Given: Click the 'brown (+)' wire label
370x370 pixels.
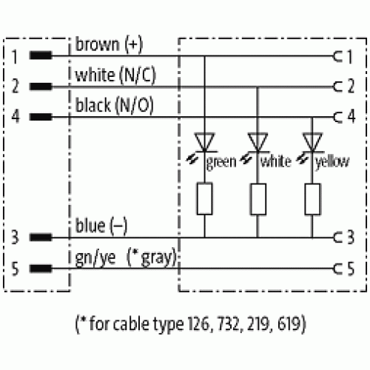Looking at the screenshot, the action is point(109,44).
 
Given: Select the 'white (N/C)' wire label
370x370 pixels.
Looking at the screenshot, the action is point(115,75).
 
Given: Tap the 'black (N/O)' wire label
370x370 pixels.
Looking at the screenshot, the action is point(114,105).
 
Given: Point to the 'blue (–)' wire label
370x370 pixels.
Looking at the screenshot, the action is point(101,226).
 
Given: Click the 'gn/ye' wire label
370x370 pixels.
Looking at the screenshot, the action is point(95,258).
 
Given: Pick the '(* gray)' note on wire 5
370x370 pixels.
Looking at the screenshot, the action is point(152,258).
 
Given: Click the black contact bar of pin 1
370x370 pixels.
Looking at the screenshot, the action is point(41,55).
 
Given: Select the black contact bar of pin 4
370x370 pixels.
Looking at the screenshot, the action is point(41,117).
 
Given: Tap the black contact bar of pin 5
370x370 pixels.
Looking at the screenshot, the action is point(41,269).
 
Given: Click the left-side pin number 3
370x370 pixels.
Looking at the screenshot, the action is point(15,237).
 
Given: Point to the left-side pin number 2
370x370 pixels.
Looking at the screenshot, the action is point(16,86).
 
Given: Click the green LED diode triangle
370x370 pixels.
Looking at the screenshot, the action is point(204,142).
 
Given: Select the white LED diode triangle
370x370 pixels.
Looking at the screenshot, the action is point(258,142).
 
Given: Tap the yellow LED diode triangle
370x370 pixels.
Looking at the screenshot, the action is point(312,142).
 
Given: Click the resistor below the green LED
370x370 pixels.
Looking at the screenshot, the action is point(204,199).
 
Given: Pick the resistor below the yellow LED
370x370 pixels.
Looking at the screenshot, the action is point(312,199).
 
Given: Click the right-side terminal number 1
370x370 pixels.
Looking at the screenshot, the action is point(350,56).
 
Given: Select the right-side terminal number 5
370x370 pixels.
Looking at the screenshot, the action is point(351,269).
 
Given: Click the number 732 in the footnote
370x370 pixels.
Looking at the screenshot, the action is point(229,323).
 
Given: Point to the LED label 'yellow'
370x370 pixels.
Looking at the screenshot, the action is point(332,161).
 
